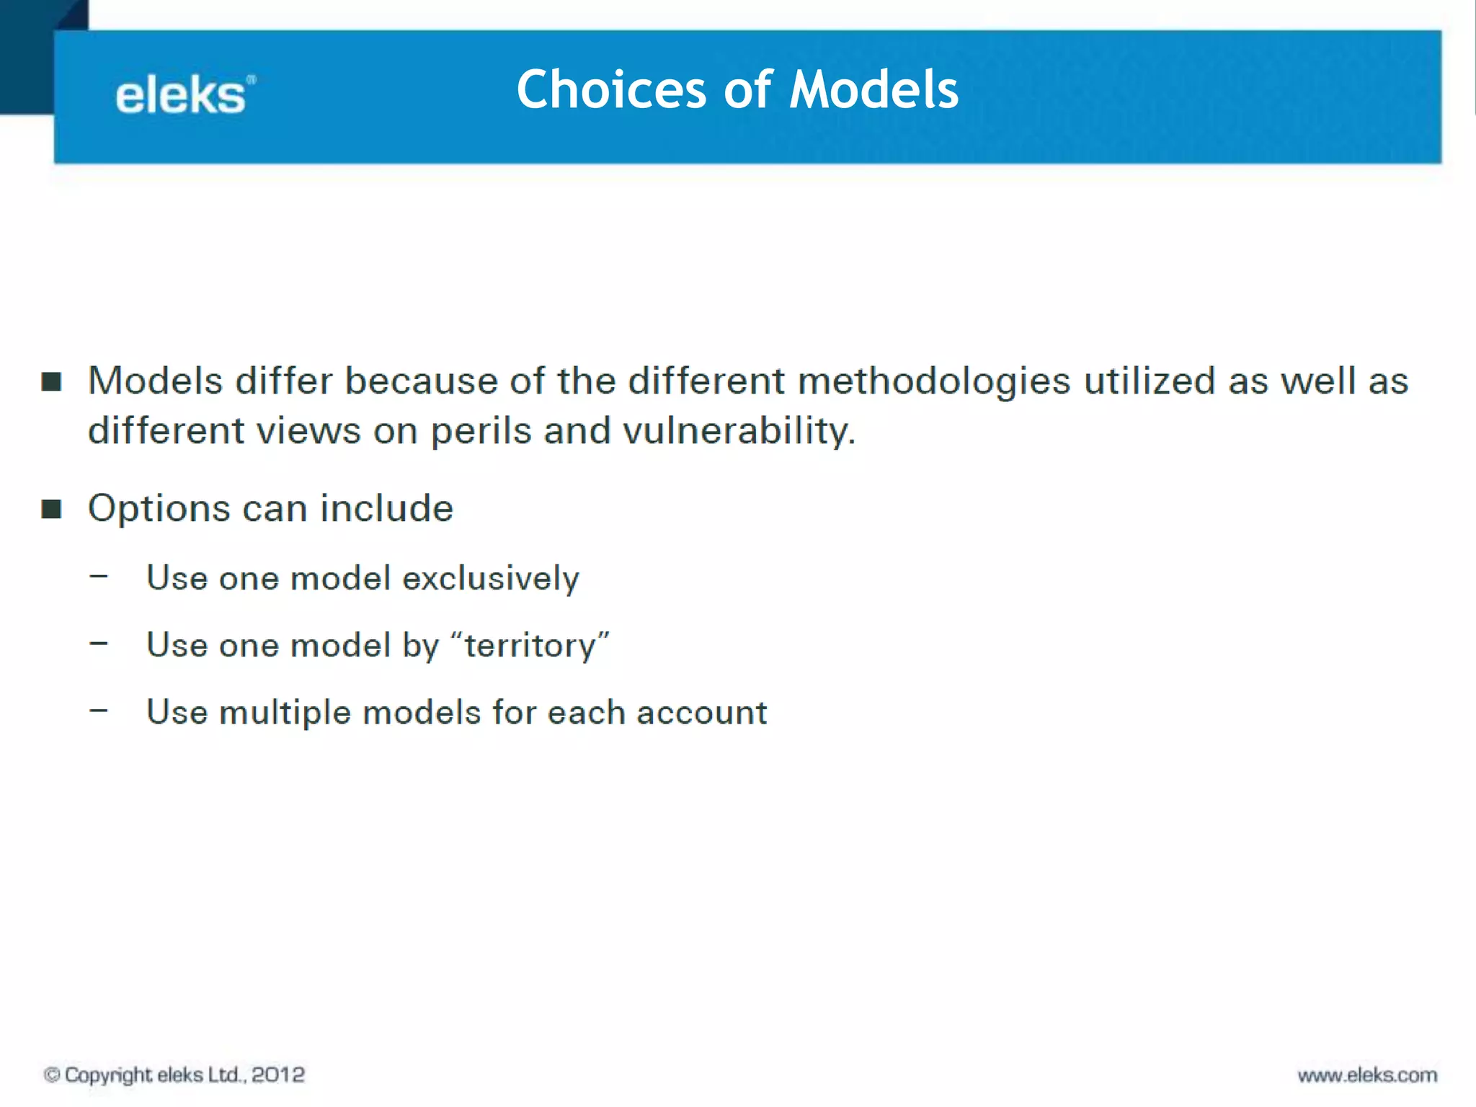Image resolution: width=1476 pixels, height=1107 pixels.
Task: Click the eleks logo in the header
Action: pos(184,95)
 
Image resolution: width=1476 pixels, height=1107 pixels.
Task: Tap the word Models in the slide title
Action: pos(873,90)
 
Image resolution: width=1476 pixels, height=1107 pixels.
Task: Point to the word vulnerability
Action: pos(738,432)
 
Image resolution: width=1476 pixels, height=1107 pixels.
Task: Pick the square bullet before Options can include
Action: pos(51,509)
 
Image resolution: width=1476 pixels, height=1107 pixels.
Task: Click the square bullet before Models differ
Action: pos(51,381)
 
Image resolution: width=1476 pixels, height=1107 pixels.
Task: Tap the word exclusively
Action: pos(490,579)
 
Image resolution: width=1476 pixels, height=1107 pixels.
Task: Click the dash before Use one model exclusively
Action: pos(99,577)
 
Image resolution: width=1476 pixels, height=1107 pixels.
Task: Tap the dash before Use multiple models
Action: pos(99,711)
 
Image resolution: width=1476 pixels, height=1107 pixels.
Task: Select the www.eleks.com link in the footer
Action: pos(1367,1075)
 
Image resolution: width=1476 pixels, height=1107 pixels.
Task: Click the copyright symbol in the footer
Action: pos(52,1075)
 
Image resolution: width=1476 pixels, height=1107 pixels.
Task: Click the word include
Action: pos(386,508)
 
